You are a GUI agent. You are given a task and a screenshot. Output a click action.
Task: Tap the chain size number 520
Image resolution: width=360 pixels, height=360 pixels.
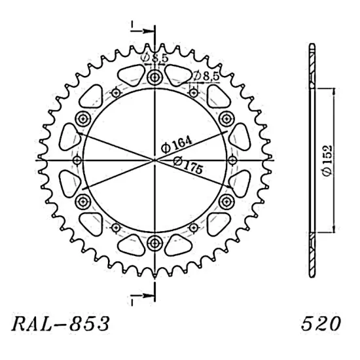pos(321,323)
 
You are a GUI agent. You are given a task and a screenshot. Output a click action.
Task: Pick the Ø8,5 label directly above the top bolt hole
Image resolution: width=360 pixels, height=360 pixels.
pos(156,59)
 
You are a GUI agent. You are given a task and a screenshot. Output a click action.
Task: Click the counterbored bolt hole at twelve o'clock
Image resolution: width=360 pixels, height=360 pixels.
pos(155,79)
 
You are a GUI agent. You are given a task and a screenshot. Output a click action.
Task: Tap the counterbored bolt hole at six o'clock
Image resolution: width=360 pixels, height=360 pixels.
pos(155,243)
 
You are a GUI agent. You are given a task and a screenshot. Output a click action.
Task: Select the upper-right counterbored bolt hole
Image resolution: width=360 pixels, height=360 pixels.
pos(226,118)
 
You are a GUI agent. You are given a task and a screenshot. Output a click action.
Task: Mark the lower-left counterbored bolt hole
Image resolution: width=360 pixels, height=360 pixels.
pos(83,201)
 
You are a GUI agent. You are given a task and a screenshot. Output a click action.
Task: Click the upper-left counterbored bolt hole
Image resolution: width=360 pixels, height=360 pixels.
pos(83,118)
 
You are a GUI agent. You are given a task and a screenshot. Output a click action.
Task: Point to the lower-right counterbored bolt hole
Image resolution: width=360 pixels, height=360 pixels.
pos(226,201)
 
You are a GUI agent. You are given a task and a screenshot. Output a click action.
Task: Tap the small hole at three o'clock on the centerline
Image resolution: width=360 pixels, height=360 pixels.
pos(233,160)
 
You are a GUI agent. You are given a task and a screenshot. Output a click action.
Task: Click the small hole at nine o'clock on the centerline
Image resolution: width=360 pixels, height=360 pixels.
pos(77,160)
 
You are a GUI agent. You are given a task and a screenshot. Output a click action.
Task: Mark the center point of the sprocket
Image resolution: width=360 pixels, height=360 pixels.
pos(155,160)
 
